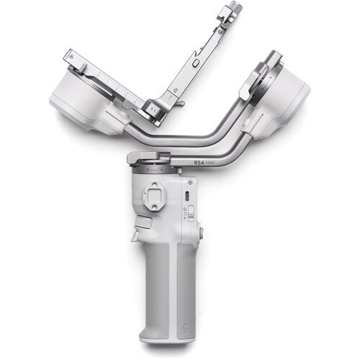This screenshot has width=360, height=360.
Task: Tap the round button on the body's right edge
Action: pyautogui.click(x=200, y=232)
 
